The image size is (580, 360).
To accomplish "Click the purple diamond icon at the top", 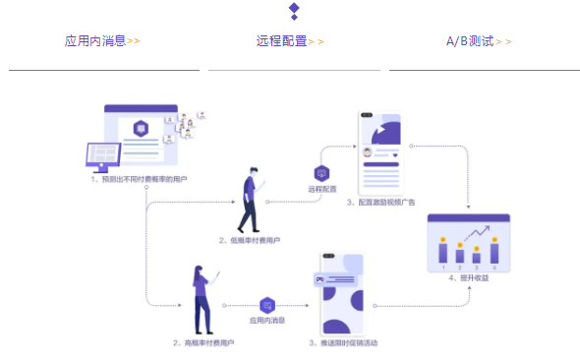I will click(293, 10).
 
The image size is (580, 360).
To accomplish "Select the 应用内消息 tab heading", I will click(95, 41).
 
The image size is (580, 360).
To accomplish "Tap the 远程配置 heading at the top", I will click(282, 41).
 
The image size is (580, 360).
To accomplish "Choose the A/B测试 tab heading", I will click(470, 41).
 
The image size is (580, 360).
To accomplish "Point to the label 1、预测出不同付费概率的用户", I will click(139, 180).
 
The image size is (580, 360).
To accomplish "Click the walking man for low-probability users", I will click(250, 200).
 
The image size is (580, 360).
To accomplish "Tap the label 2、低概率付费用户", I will click(251, 240).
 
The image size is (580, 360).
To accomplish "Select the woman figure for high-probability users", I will click(203, 300).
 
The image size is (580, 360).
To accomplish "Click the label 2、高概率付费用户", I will click(203, 343).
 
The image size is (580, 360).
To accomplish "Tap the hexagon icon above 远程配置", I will click(321, 173).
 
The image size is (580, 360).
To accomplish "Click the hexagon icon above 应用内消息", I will click(267, 306).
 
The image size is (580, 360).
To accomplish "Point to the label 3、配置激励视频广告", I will click(381, 201).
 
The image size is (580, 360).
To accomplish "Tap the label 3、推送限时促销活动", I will click(343, 343).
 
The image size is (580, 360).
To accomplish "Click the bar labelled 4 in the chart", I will click(493, 250).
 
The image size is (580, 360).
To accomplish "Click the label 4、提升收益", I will click(469, 278).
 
